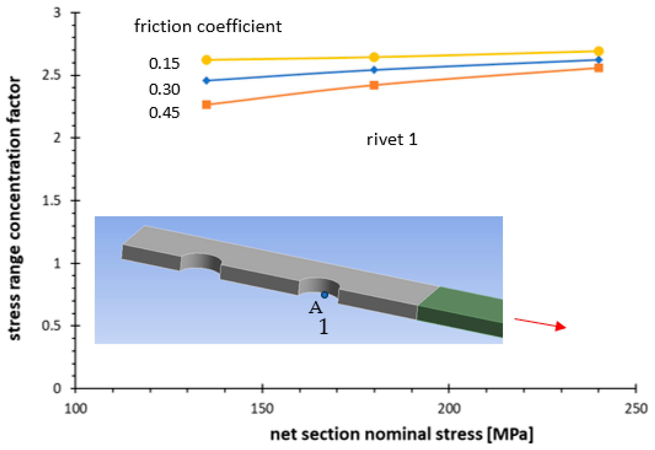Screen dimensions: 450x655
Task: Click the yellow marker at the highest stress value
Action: point(599,51)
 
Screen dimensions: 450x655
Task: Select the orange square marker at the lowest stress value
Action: point(207,105)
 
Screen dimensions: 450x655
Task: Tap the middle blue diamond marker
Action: point(374,70)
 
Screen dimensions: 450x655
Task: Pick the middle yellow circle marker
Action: point(374,57)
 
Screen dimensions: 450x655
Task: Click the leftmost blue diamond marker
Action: point(207,81)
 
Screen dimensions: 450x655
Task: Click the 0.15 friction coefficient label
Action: point(164,64)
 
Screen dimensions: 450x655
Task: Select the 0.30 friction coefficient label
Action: point(164,90)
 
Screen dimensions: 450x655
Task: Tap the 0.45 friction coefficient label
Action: point(164,113)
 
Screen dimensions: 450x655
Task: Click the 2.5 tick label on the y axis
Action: point(51,75)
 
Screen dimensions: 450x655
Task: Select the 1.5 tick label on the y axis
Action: point(51,201)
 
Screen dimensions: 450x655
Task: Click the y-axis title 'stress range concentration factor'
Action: point(15,209)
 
